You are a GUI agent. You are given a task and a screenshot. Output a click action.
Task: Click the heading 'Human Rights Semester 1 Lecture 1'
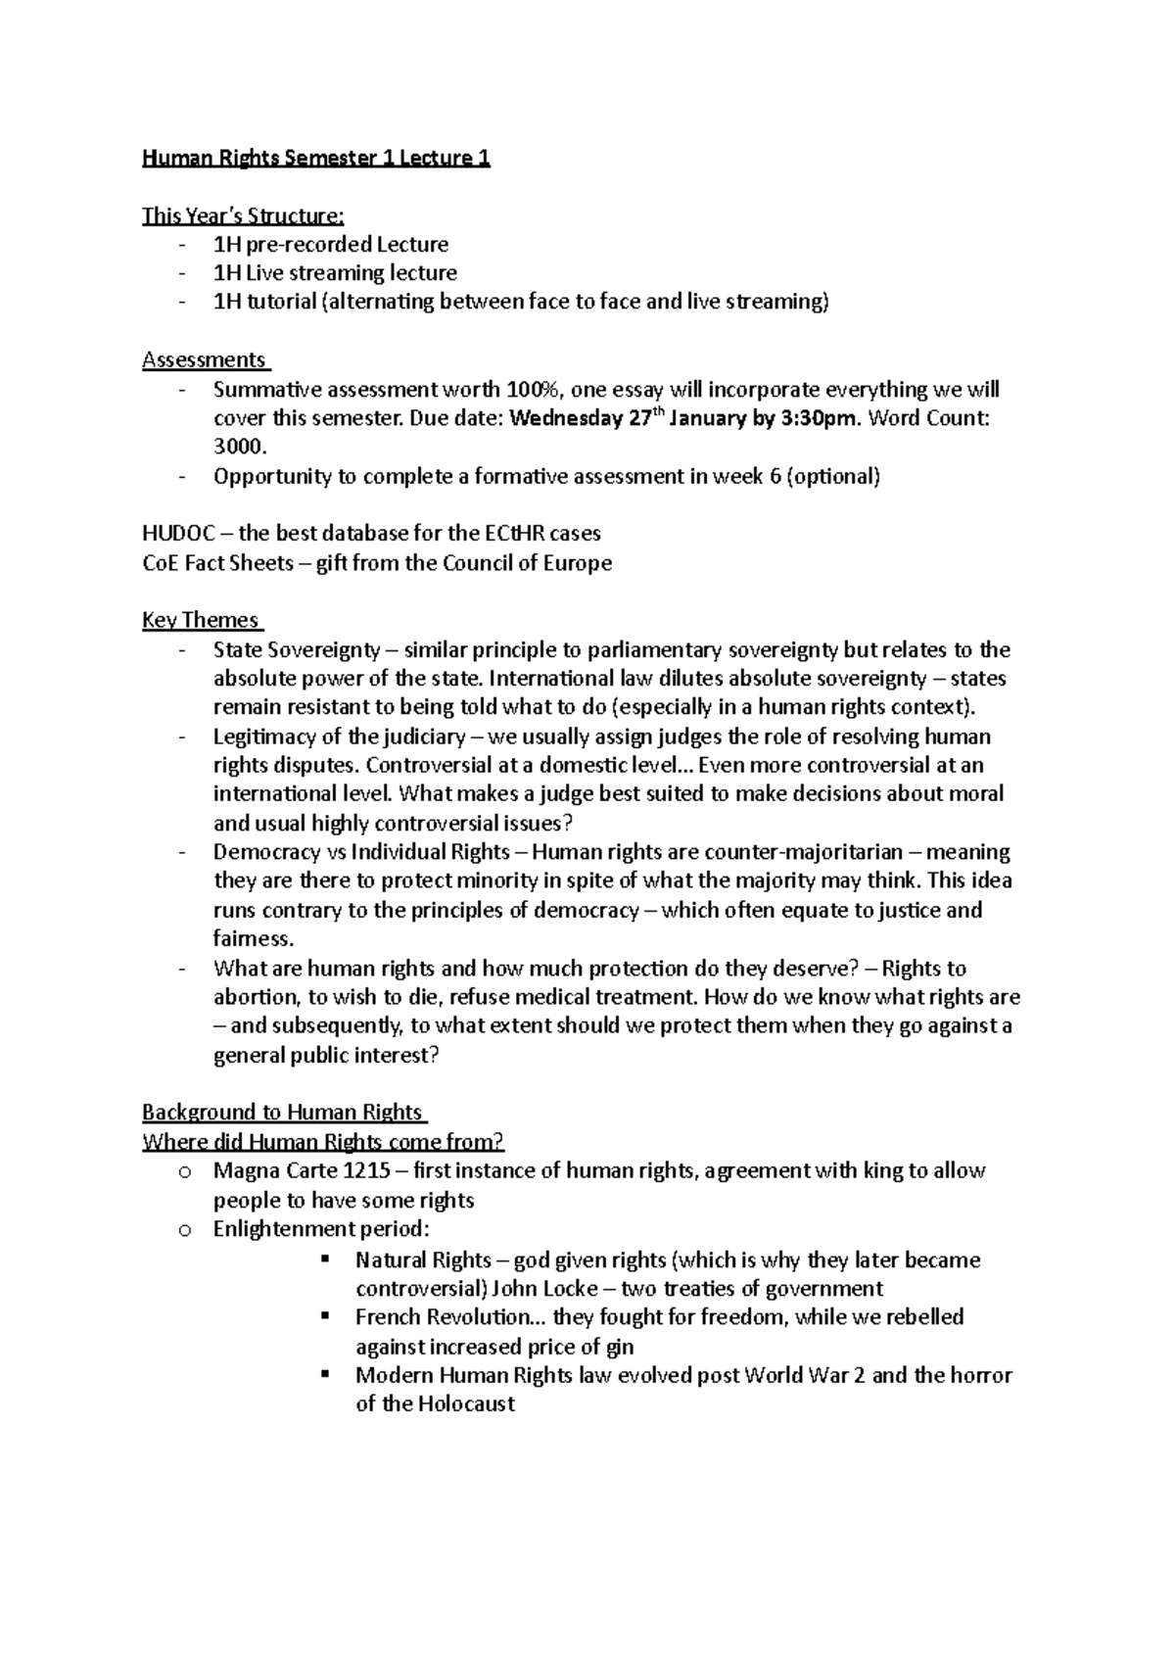tap(315, 158)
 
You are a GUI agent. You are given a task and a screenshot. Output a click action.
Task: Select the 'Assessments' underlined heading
tap(204, 359)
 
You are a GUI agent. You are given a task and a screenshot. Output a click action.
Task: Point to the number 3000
tap(238, 447)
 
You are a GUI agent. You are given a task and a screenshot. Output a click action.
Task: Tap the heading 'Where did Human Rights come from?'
tap(323, 1141)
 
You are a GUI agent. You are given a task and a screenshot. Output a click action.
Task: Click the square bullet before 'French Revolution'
tap(326, 1316)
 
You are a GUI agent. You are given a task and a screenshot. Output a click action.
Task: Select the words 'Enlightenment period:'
tap(321, 1229)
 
